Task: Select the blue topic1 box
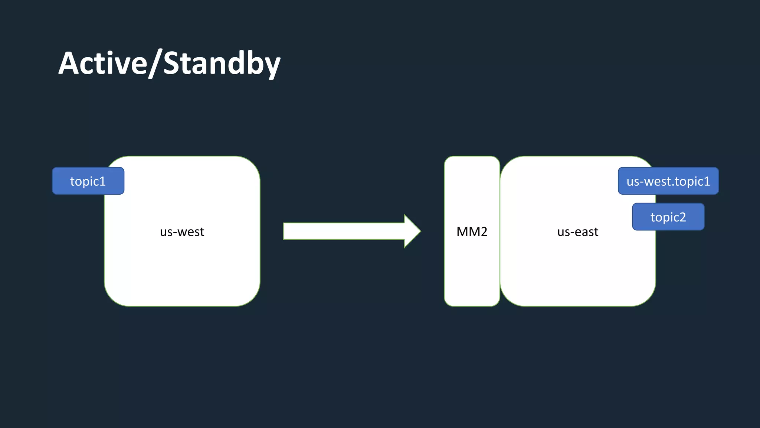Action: coord(88,181)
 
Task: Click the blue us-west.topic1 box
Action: coord(668,181)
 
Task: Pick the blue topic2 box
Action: coord(668,217)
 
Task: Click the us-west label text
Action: coord(182,232)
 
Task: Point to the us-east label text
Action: coord(577,232)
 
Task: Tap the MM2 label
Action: coord(472,232)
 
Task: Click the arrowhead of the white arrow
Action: coord(412,231)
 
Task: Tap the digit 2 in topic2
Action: coord(682,217)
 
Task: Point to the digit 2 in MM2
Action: coord(483,232)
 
